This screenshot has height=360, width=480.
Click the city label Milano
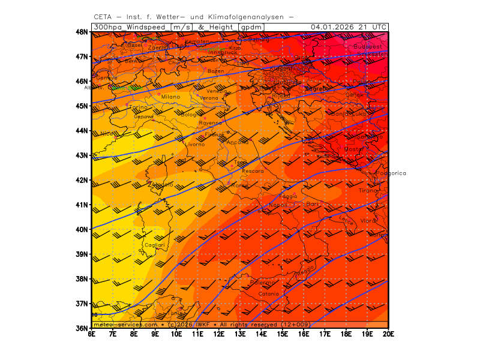[170, 97]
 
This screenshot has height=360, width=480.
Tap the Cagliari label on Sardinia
[154, 245]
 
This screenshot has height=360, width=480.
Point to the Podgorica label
[391, 173]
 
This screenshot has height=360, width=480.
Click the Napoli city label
[277, 205]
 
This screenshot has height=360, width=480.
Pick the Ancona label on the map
[237, 142]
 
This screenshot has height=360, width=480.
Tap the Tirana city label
[367, 190]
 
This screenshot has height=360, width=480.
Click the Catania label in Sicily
[268, 294]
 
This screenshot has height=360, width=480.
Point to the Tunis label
[176, 313]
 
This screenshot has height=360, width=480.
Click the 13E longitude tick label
[240, 334]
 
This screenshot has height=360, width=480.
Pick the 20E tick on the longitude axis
[388, 334]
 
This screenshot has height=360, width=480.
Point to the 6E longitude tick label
[92, 334]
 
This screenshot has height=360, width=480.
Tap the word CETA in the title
[104, 17]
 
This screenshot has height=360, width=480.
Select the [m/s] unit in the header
[181, 27]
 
